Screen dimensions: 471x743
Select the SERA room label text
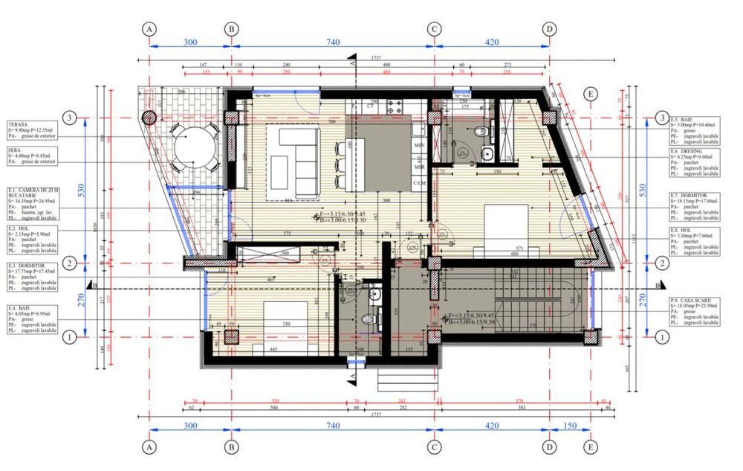click(14, 149)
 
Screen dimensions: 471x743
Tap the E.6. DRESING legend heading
click(687, 150)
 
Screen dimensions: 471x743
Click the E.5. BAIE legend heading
click(682, 119)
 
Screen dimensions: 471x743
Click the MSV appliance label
click(419, 145)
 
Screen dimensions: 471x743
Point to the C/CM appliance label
click(419, 182)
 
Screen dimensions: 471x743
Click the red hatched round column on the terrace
click(149, 117)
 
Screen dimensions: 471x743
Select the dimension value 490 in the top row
click(386, 65)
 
